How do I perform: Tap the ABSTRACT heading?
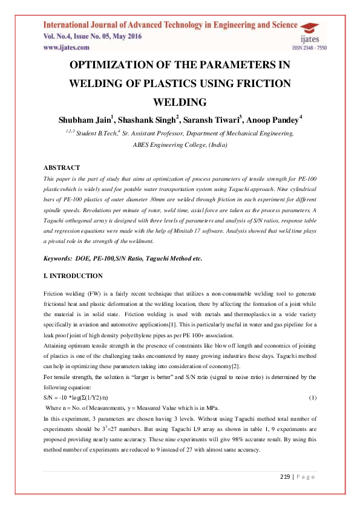click(x=62, y=167)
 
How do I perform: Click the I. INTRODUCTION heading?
click(x=73, y=276)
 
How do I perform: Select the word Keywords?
click(x=59, y=258)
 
